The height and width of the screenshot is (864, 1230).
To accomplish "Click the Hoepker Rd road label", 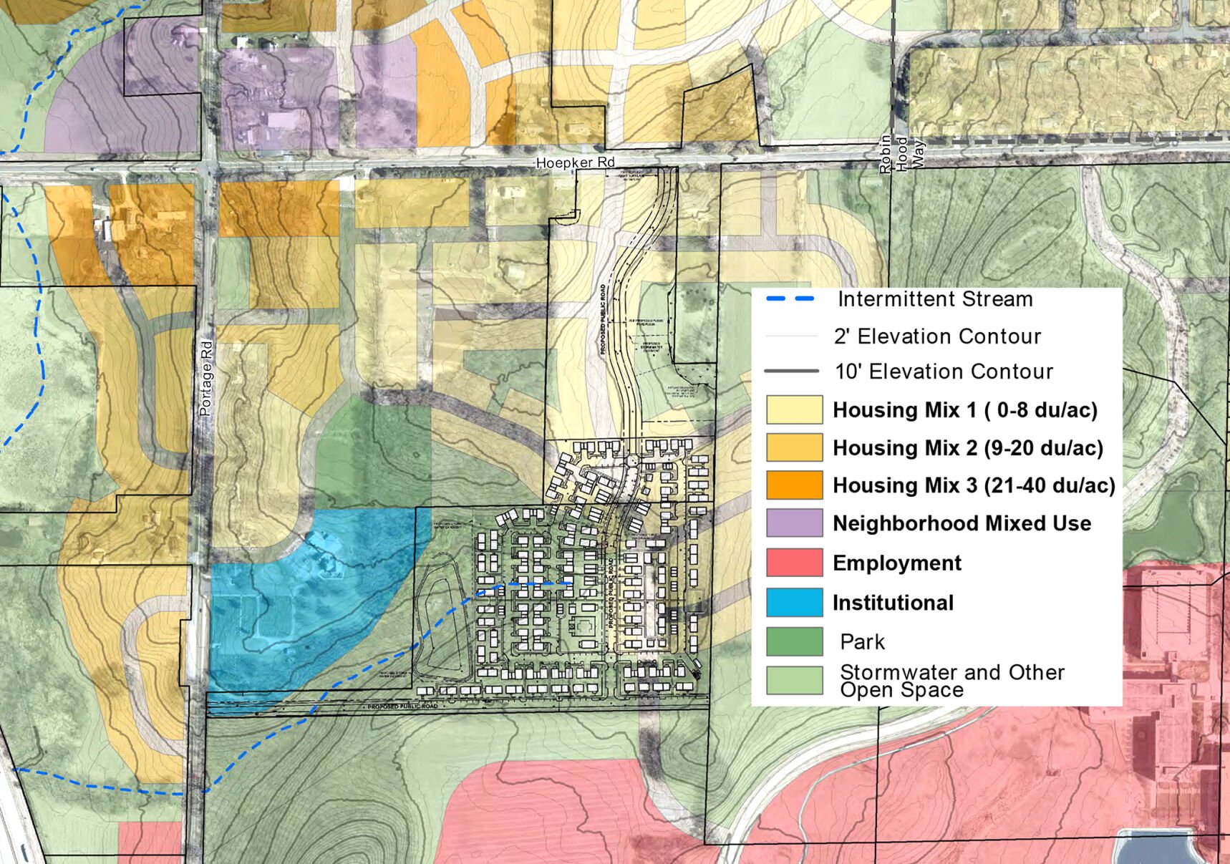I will [x=575, y=162].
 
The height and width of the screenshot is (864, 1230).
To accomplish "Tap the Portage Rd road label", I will [x=206, y=378].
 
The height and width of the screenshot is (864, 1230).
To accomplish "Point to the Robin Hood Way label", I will [x=902, y=153].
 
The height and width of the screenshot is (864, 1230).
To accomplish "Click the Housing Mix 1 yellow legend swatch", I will [x=794, y=410].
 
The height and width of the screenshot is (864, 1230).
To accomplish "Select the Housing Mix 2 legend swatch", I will [x=794, y=447].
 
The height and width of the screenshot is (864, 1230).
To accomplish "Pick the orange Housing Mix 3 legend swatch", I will [x=794, y=485].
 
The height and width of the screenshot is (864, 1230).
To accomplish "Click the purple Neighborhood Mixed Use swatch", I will [x=794, y=523].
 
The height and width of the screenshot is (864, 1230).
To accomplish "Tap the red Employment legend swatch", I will [x=794, y=563].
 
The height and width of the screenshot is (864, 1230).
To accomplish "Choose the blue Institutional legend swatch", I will [x=794, y=603].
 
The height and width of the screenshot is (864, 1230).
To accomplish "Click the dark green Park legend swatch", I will [x=794, y=641].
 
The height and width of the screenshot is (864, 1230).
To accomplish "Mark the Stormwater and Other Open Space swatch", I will [x=794, y=681].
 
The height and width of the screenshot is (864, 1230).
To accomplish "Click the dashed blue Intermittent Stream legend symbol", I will [x=790, y=298].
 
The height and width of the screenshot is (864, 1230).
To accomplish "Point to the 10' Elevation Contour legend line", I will [x=791, y=371].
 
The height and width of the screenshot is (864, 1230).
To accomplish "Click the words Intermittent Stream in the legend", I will [x=935, y=298].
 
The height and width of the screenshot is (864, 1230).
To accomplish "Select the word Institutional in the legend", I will [x=893, y=603].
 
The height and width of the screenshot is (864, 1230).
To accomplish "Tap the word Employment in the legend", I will [x=896, y=563].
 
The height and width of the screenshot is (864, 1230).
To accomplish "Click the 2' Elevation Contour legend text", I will [x=937, y=336].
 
